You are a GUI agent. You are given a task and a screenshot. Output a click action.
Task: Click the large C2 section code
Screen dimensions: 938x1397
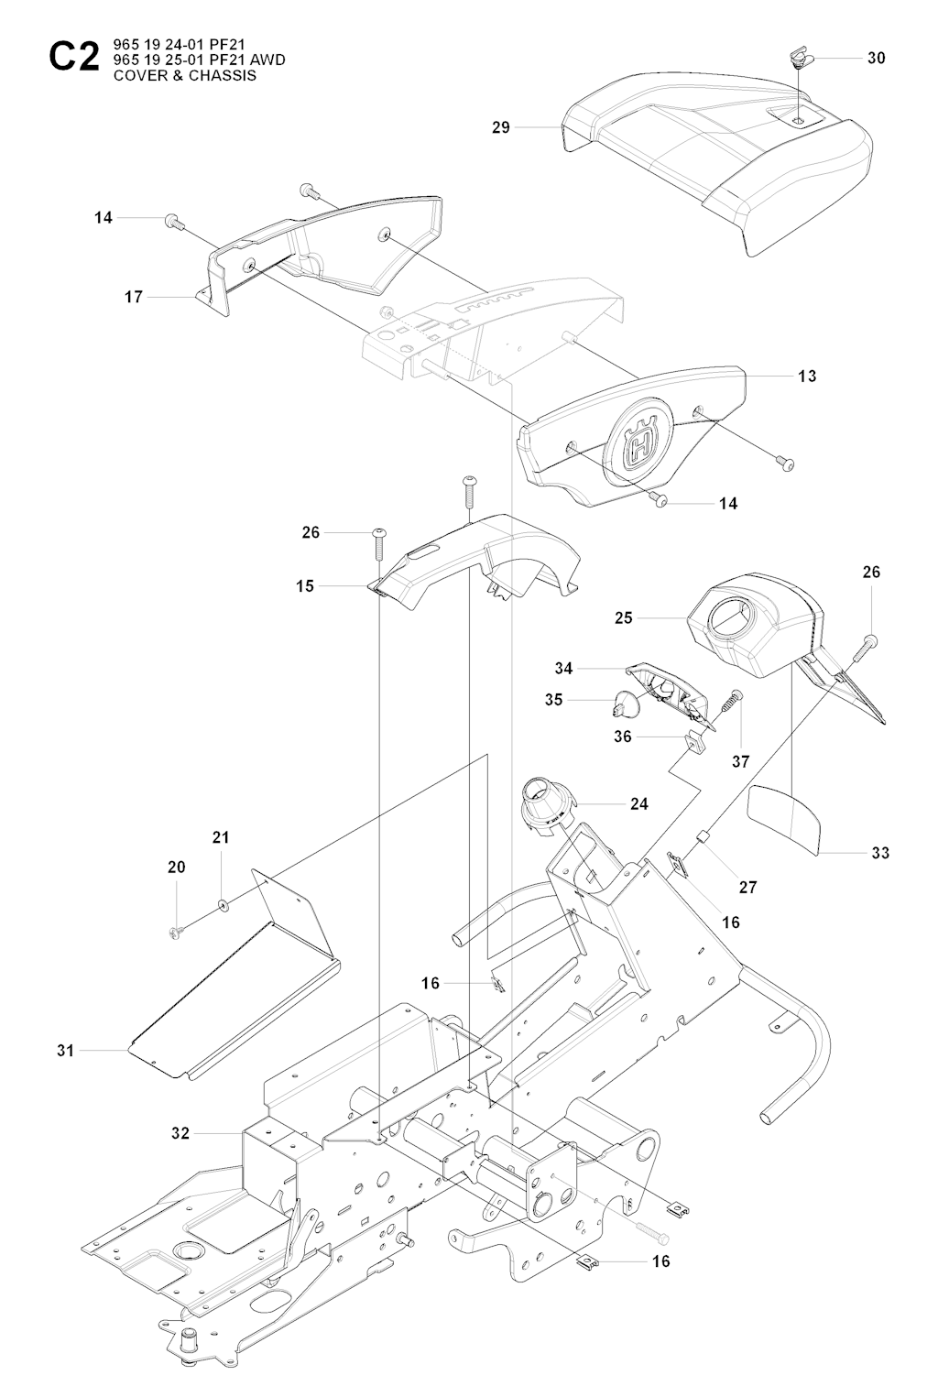74,58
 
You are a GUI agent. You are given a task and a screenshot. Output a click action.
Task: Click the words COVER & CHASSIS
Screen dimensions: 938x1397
185,75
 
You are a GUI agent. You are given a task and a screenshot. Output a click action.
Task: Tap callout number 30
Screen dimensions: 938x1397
877,58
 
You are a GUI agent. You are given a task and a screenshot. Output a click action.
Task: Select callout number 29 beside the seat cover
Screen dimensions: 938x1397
501,127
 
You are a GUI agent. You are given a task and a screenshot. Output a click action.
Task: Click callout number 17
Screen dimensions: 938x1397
134,297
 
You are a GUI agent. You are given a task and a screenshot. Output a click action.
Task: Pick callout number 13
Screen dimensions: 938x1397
806,377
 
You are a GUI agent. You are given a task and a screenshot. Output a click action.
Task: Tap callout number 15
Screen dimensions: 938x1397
305,586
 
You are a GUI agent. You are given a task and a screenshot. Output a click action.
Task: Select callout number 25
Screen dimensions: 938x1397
624,618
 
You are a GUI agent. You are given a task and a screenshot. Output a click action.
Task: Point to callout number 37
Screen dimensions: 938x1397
740,761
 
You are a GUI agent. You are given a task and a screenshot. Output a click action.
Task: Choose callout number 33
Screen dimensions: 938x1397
880,853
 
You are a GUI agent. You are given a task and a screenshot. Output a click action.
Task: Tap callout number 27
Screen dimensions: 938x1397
747,887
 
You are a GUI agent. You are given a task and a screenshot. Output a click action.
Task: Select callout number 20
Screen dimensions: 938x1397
177,867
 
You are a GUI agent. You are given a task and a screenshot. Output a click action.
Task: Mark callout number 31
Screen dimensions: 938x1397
65,1051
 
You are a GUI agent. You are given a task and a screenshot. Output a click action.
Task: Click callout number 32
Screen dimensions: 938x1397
180,1132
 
